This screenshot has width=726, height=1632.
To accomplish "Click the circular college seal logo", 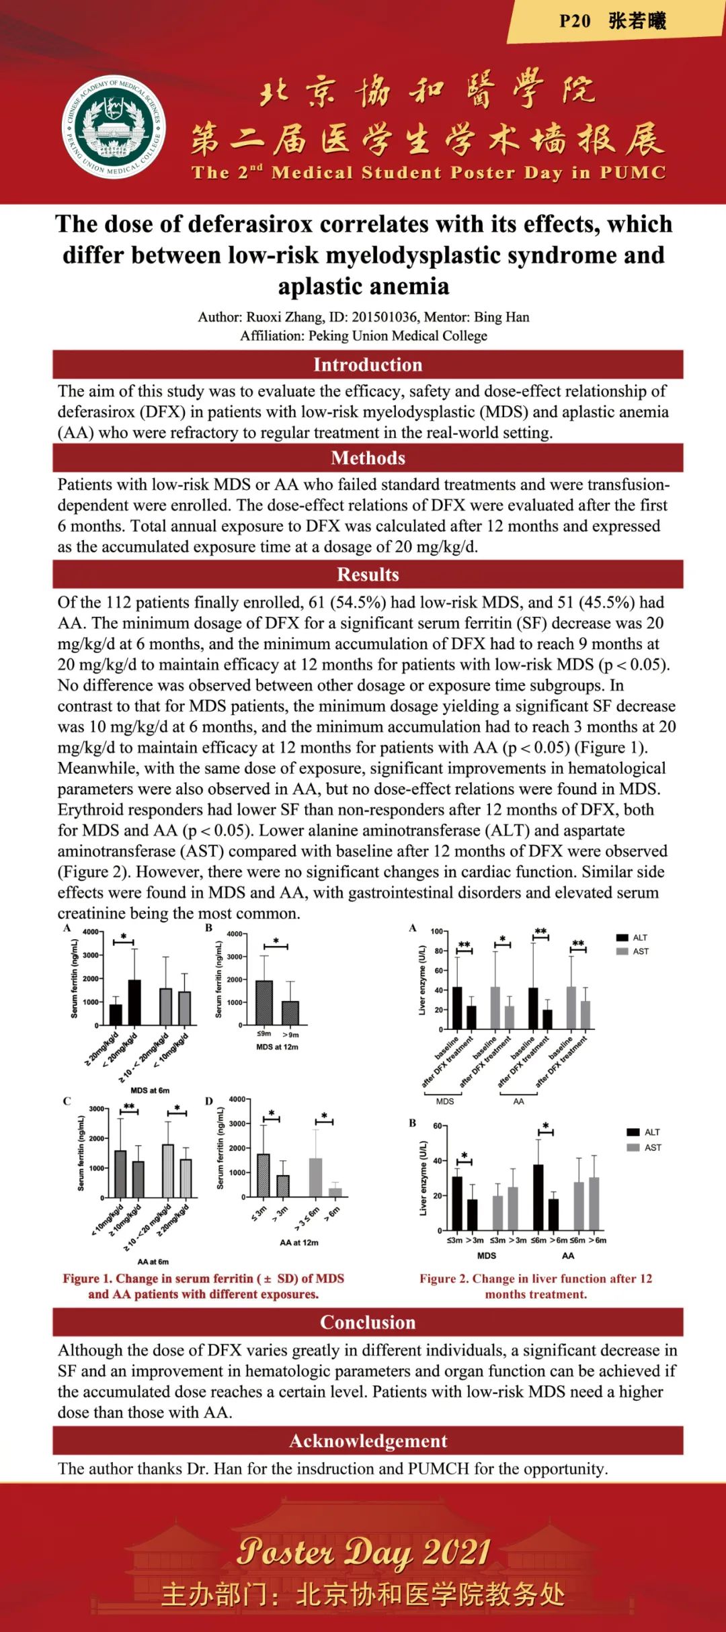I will point(114,128).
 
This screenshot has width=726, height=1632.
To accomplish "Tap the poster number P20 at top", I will point(575,22).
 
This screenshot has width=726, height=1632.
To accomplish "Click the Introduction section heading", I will point(368,365).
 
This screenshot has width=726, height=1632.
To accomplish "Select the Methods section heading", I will point(368,458).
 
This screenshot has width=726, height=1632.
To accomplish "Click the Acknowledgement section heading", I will point(368,1441).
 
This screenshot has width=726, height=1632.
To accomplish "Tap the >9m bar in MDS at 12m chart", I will point(290,1013).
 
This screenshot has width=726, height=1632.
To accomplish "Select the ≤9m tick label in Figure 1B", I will point(264,1034).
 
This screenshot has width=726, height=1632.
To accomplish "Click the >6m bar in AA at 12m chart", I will point(335,1192).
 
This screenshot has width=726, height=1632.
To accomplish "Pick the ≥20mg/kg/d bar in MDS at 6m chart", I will point(116,1014).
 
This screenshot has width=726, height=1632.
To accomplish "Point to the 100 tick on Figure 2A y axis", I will point(436,931).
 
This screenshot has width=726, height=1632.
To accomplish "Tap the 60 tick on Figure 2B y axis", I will point(437,1126).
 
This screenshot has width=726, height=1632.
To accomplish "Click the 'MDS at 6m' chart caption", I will point(149,1090).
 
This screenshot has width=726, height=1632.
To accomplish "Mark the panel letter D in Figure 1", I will point(209,1101).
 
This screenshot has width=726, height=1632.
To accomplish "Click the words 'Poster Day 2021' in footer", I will point(363,1552).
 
